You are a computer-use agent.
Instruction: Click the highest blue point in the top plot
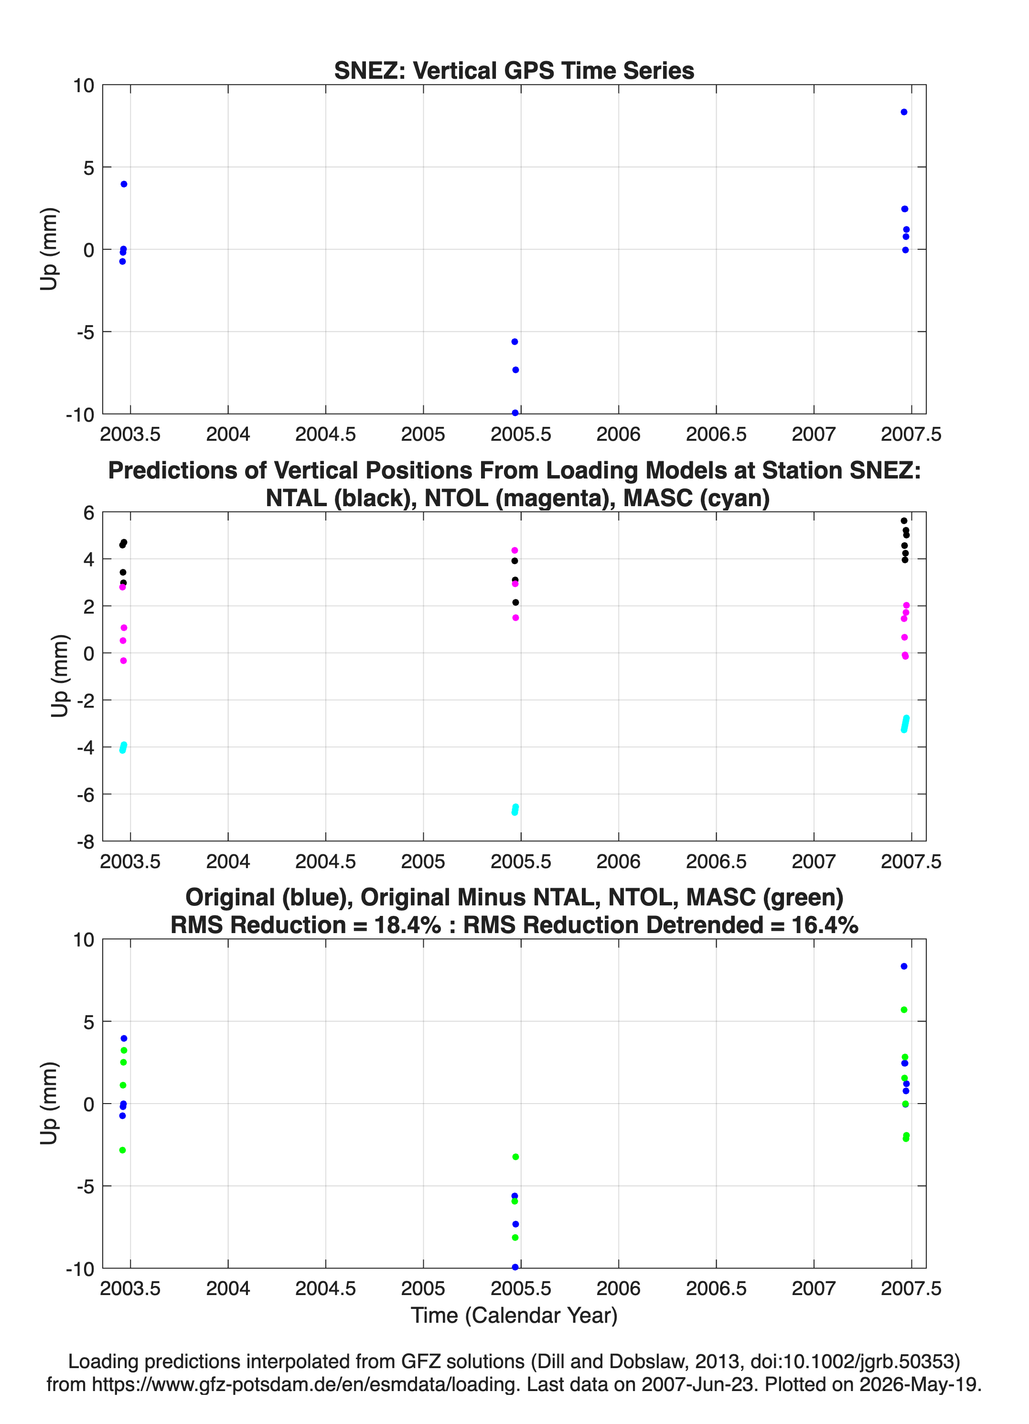[x=903, y=112]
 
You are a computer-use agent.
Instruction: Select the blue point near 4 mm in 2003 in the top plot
[x=124, y=184]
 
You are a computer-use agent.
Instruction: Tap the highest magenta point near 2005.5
[x=514, y=551]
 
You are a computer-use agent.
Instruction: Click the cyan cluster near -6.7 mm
[x=515, y=810]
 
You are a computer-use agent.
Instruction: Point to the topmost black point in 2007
[x=903, y=521]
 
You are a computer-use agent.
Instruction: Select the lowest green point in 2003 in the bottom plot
[x=122, y=1150]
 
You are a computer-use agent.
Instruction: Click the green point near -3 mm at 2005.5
[x=515, y=1157]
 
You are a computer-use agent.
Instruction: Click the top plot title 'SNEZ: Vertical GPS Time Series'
[x=514, y=70]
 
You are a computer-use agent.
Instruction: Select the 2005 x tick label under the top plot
[x=423, y=434]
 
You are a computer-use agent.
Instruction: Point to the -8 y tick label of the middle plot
[x=86, y=842]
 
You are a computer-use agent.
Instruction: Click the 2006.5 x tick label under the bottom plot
[x=716, y=1288]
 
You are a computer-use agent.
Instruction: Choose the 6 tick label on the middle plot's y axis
[x=88, y=513]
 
